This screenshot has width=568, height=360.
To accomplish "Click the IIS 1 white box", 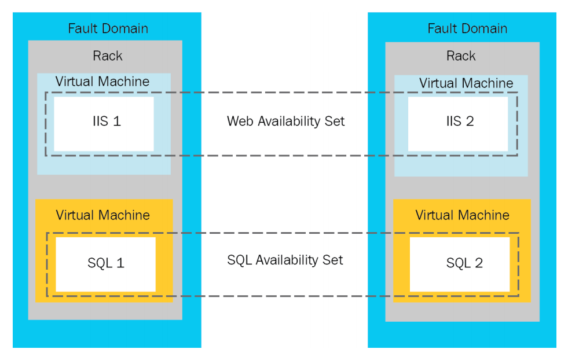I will click(104, 123).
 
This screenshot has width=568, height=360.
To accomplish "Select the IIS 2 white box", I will click(457, 123).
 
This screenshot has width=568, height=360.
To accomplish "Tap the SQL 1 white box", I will click(105, 264).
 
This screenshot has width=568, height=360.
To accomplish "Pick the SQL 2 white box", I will click(460, 264).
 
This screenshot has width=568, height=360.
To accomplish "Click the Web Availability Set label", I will click(285, 121).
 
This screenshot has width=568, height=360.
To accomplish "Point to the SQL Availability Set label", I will click(285, 260).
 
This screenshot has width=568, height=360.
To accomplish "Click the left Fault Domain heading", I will click(108, 28).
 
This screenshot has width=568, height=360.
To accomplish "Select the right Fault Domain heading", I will click(467, 28).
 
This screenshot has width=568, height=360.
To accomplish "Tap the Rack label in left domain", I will click(108, 56).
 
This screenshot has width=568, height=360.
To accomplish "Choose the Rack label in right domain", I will click(461, 56).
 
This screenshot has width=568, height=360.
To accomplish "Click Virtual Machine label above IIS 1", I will click(102, 82).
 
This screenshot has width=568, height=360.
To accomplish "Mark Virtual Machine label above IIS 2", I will click(466, 83).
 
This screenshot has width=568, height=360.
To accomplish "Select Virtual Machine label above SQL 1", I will click(102, 215).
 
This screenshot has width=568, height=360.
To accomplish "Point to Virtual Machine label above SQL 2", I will click(462, 215).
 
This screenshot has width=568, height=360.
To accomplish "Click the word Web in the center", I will click(239, 121).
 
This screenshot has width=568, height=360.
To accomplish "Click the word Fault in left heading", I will click(82, 28).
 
